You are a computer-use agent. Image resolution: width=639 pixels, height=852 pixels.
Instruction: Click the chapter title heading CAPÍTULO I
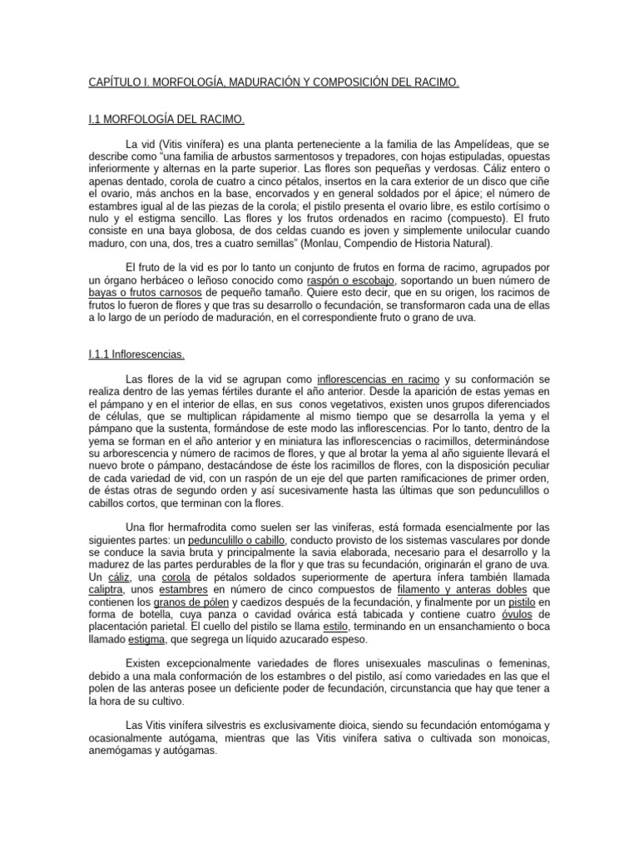coord(274,83)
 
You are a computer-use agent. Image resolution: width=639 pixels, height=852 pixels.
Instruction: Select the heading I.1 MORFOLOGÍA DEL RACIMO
coord(166,120)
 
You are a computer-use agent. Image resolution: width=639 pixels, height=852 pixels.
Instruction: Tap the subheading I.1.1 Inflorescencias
coord(136,354)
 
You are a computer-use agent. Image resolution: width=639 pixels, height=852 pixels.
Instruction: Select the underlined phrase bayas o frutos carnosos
coord(146,293)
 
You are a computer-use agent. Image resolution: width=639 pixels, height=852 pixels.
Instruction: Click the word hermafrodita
coord(195,527)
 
